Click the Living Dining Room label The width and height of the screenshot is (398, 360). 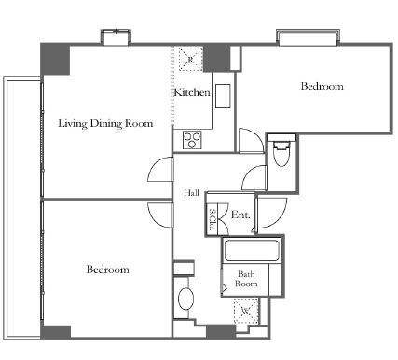(x=105, y=123)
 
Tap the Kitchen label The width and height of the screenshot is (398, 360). (x=192, y=92)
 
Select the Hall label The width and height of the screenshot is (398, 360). (x=191, y=193)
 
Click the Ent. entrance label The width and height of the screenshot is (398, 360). (x=240, y=215)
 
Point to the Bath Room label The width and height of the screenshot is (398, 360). (x=246, y=279)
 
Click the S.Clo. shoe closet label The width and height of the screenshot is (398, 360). (x=213, y=219)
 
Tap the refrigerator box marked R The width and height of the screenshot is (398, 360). (x=191, y=59)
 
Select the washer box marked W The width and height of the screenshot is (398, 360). (x=246, y=311)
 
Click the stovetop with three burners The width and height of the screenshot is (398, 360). (x=192, y=140)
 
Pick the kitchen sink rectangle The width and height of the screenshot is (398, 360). (x=223, y=96)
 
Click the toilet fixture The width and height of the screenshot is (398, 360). (x=281, y=153)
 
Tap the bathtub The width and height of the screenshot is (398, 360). (x=252, y=251)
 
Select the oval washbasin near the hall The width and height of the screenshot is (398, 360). (x=185, y=298)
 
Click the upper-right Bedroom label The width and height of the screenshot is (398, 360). (x=323, y=86)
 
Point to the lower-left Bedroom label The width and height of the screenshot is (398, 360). (x=107, y=270)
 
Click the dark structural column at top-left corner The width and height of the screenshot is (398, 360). (x=55, y=60)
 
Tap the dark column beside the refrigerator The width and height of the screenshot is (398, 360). (x=216, y=58)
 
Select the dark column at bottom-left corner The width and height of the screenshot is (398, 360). (x=56, y=333)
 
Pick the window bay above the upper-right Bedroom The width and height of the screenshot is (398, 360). (x=308, y=37)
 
